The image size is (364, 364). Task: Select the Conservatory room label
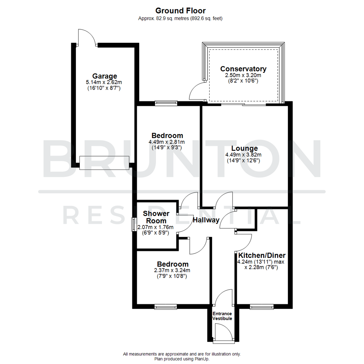coord(243,69)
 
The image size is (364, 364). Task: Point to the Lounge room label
coord(244,148)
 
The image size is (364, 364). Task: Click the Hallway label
coord(206,220)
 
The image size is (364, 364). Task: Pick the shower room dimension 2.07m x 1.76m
coord(155,227)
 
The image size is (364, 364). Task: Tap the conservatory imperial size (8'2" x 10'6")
coord(243,81)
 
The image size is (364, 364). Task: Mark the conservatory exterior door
coord(198,91)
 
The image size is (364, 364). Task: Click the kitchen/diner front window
coord(262,307)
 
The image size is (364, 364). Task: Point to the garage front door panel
coord(104,163)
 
